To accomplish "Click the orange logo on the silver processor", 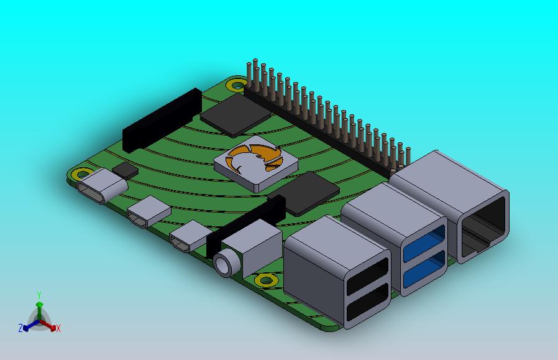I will pos(255,158).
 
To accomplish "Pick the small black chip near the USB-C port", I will pos(126,170).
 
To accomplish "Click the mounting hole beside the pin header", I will pos(236,85).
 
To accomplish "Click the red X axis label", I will pos(58,329).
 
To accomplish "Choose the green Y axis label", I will pos(39,295).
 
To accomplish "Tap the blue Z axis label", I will pos(21,328).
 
